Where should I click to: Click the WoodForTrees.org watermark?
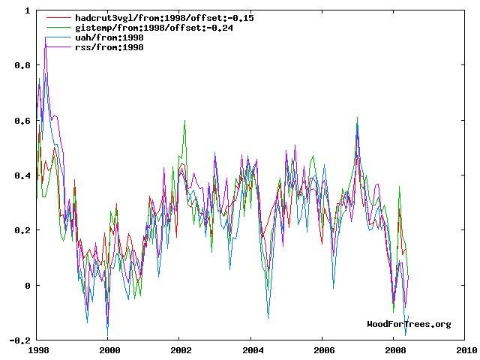pyautogui.click(x=409, y=324)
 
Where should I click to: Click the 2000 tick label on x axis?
pyautogui.click(x=109, y=349)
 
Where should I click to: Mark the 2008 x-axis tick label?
pyautogui.click(x=395, y=349)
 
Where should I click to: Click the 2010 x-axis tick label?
pyautogui.click(x=466, y=349)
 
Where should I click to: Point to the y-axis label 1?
pyautogui.click(x=28, y=10)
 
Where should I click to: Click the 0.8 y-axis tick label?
pyautogui.click(x=23, y=65)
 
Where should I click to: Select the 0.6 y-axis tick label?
pyautogui.click(x=23, y=121)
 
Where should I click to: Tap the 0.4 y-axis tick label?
pyautogui.click(x=23, y=175)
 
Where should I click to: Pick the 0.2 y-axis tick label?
pyautogui.click(x=23, y=230)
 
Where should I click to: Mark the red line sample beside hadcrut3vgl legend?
pyautogui.click(x=59, y=17)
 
